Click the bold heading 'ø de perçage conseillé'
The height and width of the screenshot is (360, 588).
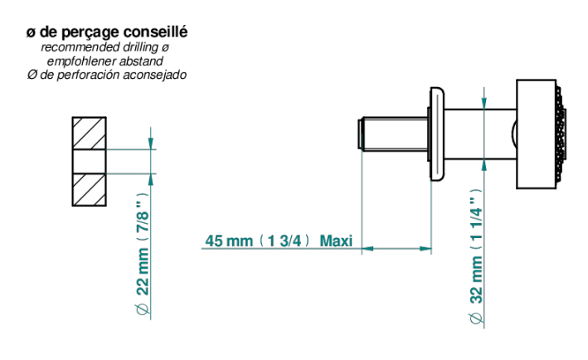point(107,32)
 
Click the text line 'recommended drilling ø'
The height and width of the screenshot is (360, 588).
point(105,47)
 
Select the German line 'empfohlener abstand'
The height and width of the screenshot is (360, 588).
point(105,61)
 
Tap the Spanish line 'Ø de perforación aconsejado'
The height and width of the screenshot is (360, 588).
point(107,75)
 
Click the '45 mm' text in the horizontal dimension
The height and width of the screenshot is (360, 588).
point(229,241)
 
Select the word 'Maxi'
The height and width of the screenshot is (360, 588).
point(336,241)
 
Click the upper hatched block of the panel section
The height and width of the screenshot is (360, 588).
point(90,133)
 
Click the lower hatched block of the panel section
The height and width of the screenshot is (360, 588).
point(90,190)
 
